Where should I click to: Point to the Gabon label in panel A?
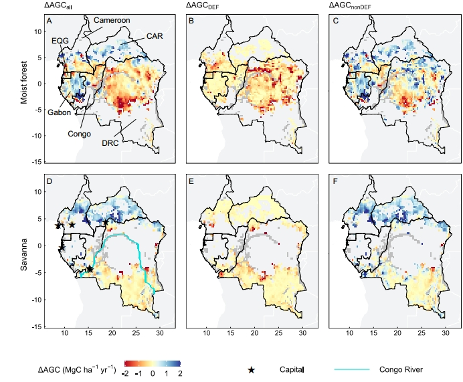59,112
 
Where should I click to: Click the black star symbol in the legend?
252,369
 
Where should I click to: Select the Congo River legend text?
400,369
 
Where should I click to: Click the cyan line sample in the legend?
352,369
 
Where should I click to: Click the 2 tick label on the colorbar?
180,374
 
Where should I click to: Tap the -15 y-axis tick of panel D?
37,326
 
